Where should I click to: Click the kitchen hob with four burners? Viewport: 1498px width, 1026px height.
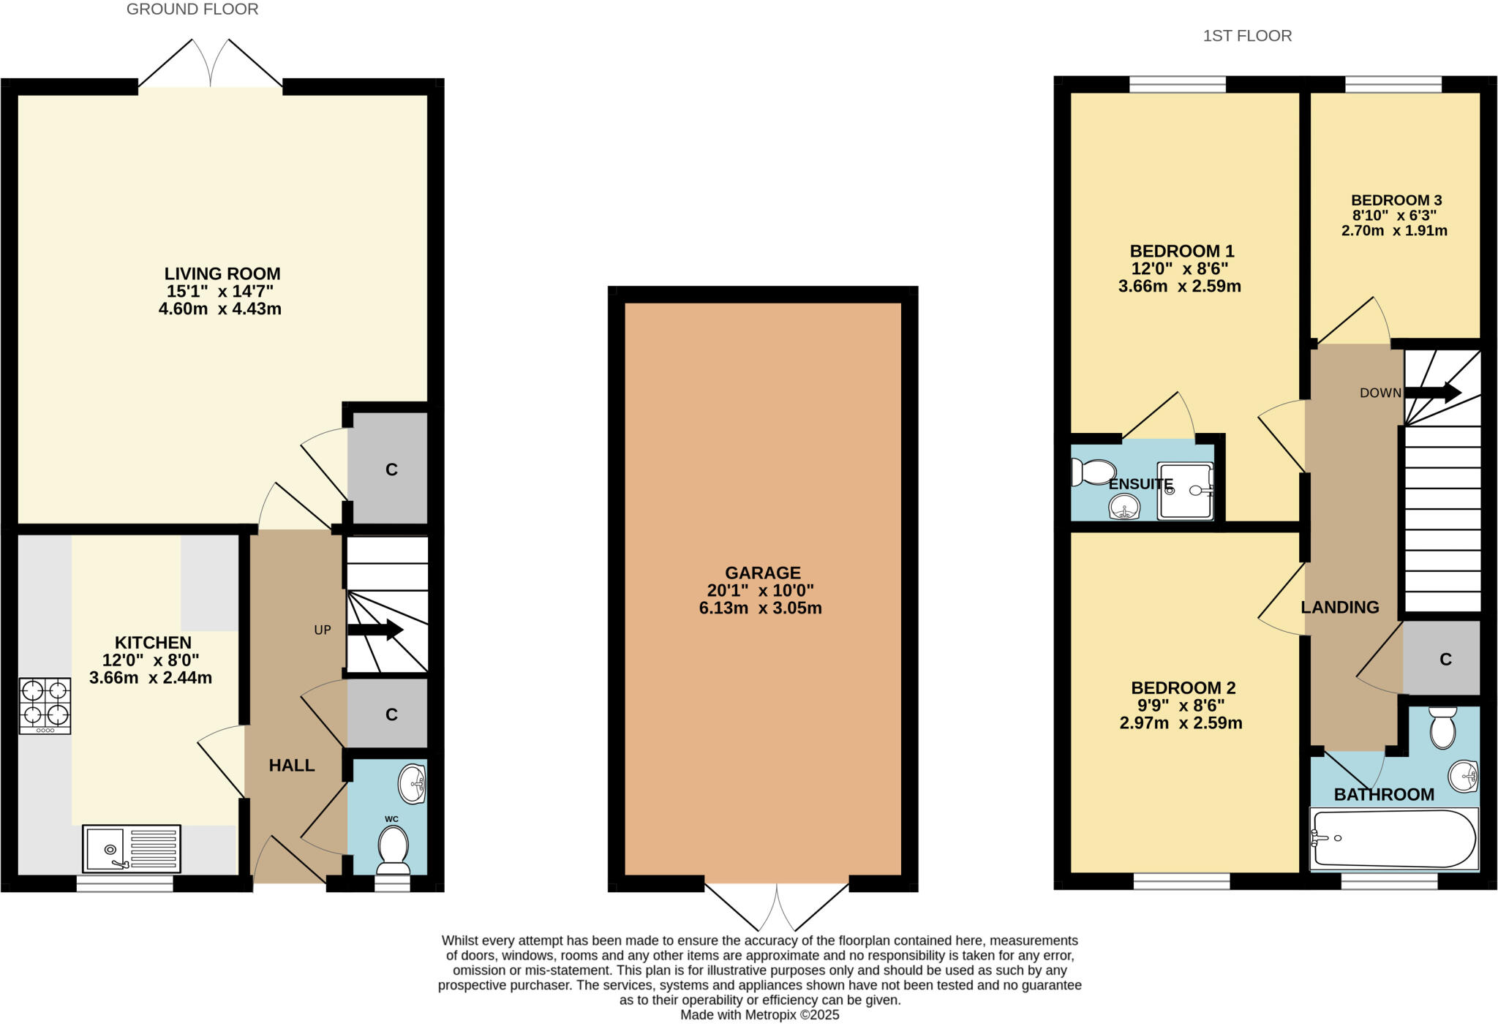(45, 705)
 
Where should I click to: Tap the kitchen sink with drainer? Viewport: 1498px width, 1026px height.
(132, 848)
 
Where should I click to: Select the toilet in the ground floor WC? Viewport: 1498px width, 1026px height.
(393, 850)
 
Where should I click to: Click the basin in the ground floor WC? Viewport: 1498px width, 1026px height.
(412, 784)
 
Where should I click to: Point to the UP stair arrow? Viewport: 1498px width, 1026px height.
(376, 630)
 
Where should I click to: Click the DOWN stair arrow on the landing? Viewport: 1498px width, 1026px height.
(1433, 393)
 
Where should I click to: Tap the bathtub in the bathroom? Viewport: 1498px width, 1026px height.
(1393, 839)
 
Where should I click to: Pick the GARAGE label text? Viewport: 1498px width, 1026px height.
(762, 573)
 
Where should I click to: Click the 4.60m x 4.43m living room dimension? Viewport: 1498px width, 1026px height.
(219, 309)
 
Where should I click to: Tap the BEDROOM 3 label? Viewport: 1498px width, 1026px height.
(1396, 200)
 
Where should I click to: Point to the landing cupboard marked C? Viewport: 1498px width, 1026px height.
(1445, 659)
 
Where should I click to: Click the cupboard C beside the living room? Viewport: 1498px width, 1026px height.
(391, 469)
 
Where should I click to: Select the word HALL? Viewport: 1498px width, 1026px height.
(292, 765)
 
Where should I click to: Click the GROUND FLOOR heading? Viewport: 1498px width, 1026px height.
(192, 10)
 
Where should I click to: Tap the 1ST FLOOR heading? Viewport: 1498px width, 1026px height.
(1247, 36)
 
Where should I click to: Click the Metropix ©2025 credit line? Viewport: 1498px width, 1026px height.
(759, 1015)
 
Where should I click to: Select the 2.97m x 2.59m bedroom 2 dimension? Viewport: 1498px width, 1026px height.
(1181, 723)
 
